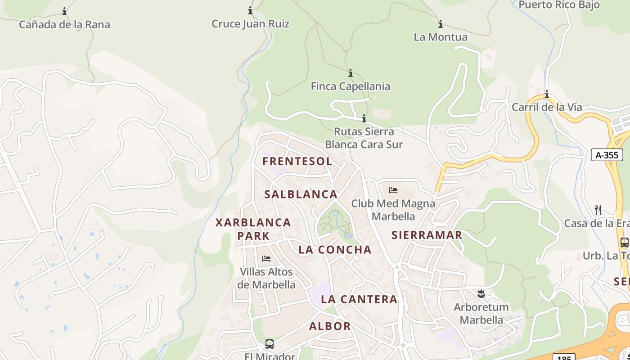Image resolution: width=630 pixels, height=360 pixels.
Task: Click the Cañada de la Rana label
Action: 64,24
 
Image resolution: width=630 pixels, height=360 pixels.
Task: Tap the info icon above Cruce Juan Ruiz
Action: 250,11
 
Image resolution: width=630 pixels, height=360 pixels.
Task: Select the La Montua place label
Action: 441,37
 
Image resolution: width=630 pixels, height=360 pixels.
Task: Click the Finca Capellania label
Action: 350,86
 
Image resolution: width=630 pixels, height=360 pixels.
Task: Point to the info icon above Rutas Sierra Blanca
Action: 364,119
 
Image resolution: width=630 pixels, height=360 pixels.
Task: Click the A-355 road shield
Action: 607,155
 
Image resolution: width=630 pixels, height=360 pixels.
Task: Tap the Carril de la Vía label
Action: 546,107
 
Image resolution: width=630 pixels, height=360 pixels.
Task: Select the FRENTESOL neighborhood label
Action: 297,161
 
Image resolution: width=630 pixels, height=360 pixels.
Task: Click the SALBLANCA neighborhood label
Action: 301,194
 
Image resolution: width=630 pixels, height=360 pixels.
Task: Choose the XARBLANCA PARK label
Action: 253,229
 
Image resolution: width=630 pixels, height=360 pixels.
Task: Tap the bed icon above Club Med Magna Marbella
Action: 393,190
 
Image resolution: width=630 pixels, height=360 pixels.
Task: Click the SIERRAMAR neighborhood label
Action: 427,235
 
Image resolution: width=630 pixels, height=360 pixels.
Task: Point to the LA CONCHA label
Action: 335,250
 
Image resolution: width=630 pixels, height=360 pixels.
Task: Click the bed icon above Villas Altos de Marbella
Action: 266,259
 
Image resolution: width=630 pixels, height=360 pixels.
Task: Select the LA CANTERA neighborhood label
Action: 359,299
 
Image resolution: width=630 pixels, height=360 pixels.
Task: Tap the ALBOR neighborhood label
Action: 330,326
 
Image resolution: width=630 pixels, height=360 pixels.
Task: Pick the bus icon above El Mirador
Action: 269,344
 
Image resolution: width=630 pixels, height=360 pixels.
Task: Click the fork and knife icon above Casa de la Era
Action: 598,210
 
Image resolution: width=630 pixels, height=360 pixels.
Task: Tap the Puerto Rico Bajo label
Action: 559,5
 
